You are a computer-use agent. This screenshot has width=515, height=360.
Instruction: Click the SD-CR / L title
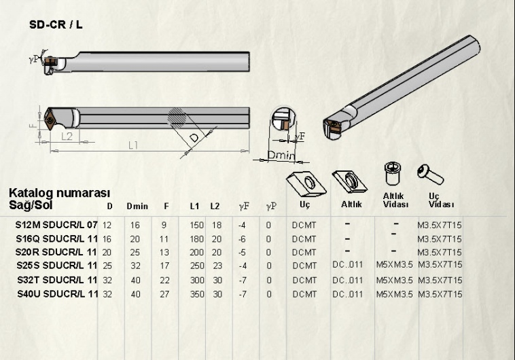point(56,24)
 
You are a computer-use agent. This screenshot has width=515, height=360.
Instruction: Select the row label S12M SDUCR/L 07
point(56,225)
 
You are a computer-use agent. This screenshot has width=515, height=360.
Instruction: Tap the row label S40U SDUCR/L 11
point(58,293)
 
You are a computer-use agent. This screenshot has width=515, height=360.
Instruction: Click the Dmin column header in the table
point(137,206)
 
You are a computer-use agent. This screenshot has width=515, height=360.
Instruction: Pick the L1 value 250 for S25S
point(197,266)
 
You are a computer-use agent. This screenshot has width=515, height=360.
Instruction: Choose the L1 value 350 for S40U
point(197,294)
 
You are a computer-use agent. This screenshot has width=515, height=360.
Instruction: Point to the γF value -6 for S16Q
point(242,239)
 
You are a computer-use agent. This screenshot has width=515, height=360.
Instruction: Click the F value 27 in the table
point(164,294)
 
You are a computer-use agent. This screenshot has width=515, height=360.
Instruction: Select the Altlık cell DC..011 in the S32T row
point(347,280)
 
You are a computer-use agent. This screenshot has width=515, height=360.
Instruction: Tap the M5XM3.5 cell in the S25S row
point(395,264)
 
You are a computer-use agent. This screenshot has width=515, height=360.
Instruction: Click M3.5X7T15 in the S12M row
point(440,225)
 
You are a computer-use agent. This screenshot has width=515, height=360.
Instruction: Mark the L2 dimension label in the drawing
point(67,136)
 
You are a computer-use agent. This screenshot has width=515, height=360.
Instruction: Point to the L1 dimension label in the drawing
point(133,145)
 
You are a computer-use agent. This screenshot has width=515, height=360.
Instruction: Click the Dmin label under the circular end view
point(281,155)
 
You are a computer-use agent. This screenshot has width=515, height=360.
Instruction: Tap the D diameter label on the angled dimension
point(195,138)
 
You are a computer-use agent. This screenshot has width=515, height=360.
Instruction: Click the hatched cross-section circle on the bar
point(177,116)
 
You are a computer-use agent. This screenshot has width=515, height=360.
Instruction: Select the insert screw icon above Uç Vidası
point(431,174)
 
